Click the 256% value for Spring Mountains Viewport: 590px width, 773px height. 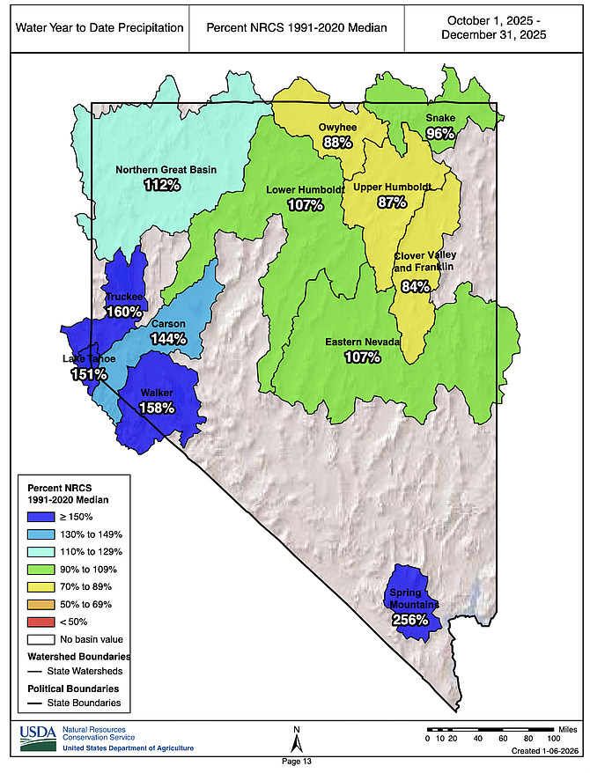(x=410, y=619)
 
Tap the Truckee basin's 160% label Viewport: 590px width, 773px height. (x=122, y=311)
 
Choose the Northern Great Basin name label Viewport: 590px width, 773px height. (x=166, y=170)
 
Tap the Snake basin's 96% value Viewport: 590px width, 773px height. (x=440, y=133)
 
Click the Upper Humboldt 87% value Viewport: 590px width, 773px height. (x=392, y=202)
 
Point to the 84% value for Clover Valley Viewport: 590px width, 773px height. (x=415, y=285)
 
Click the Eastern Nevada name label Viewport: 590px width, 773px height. (x=363, y=342)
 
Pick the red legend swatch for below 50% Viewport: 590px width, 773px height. (x=39, y=622)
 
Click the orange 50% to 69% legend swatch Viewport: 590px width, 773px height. (x=39, y=604)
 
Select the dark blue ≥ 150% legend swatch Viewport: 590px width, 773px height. (x=39, y=516)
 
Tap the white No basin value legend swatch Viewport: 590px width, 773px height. (x=39, y=639)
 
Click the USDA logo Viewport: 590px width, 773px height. (x=37, y=737)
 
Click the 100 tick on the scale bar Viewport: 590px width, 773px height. (x=554, y=738)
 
